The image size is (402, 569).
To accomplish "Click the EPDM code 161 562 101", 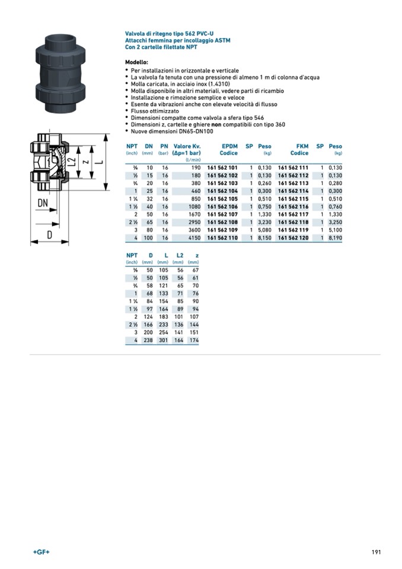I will tap(222, 168).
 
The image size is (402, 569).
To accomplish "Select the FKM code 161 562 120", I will tap(293, 237).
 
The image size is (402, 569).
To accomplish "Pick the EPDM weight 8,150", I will tap(264, 237).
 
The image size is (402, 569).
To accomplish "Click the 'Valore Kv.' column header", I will tap(187, 146).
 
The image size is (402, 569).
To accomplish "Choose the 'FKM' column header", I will tap(302, 146).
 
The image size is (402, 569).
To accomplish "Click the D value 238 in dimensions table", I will tap(149, 340).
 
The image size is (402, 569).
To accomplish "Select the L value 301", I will tap(163, 340).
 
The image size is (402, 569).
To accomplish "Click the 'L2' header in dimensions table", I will tap(179, 255).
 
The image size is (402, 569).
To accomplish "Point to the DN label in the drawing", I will tap(43, 203).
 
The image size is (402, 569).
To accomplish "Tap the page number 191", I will tap(375, 552).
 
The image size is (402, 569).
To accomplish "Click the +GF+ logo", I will tap(41, 552).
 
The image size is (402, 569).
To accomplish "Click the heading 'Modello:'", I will tap(136, 62).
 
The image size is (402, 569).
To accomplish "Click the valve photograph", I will tap(59, 75).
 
